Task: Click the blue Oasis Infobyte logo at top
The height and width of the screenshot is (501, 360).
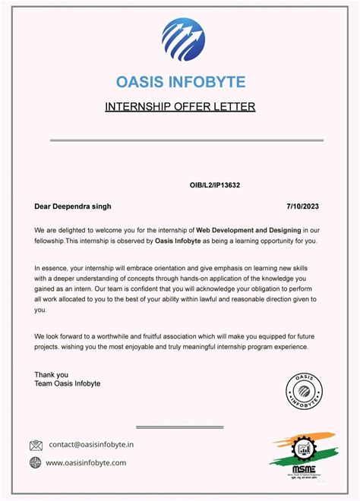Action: (x=182, y=40)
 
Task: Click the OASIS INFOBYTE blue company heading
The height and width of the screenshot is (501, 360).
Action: (x=180, y=81)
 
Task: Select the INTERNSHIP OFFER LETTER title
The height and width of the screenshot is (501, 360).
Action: (x=180, y=106)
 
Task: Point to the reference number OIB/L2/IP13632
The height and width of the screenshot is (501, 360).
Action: (x=216, y=185)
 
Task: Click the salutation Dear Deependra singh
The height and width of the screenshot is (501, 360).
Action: (x=73, y=206)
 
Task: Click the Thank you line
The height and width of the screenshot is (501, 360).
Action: (x=51, y=374)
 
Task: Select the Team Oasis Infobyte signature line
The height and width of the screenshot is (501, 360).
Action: (x=67, y=384)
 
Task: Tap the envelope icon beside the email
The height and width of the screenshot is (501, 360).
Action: (x=36, y=445)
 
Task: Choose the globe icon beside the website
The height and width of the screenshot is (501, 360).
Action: (x=36, y=462)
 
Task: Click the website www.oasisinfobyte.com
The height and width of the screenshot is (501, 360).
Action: (x=87, y=462)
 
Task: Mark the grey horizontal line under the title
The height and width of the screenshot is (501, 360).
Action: (x=186, y=140)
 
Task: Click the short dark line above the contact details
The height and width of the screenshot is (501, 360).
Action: (x=179, y=427)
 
